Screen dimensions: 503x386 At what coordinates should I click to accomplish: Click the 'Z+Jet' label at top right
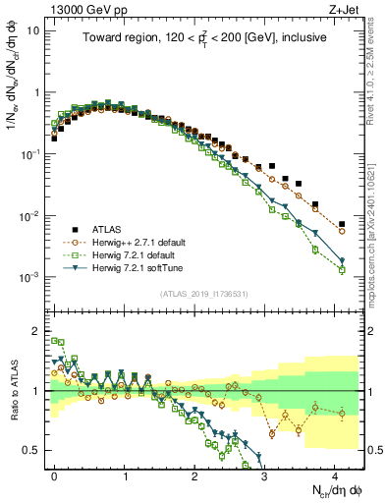tap(346, 7)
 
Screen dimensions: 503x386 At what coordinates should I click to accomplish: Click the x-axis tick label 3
tap(265, 474)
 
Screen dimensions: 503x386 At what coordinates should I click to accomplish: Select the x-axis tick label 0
tap(54, 474)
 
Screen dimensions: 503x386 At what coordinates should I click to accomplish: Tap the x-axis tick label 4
tap(335, 474)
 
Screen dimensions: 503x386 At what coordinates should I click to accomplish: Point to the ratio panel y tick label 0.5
tap(34, 450)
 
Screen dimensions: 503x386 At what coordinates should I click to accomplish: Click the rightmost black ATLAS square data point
tap(342, 224)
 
